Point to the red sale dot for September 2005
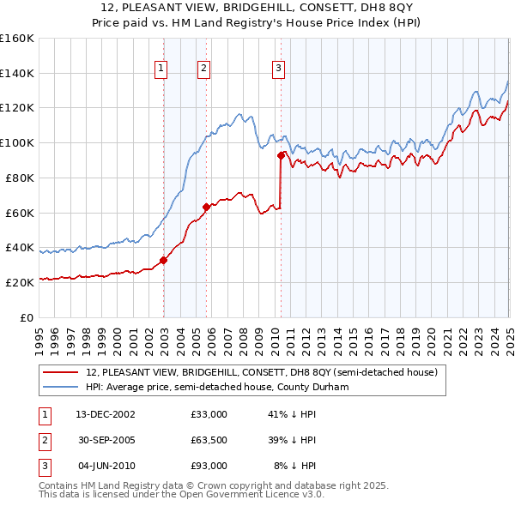[x=206, y=207]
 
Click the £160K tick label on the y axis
[x=17, y=39]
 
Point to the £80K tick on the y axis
[x=21, y=178]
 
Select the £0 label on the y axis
[x=27, y=317]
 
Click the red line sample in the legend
[x=60, y=372]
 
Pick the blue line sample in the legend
[x=60, y=387]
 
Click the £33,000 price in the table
[x=209, y=414]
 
